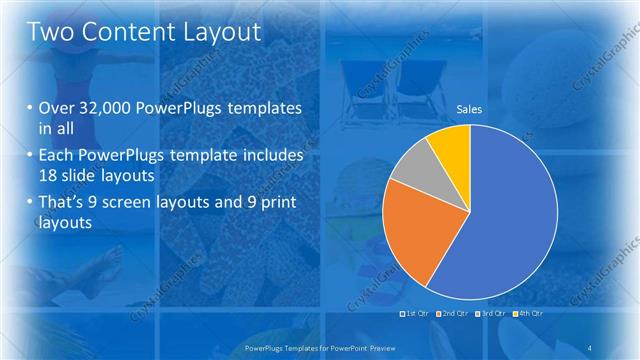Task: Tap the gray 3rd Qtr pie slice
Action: point(411,165)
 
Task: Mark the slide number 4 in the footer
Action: point(590,347)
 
